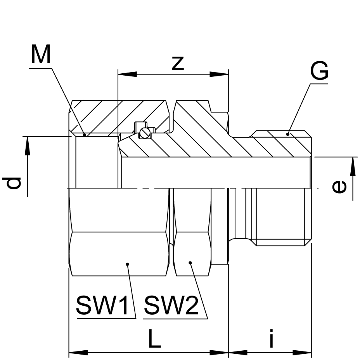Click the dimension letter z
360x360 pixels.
click(177, 63)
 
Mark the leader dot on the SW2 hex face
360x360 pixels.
click(190, 263)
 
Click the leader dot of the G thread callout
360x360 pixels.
click(288, 134)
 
